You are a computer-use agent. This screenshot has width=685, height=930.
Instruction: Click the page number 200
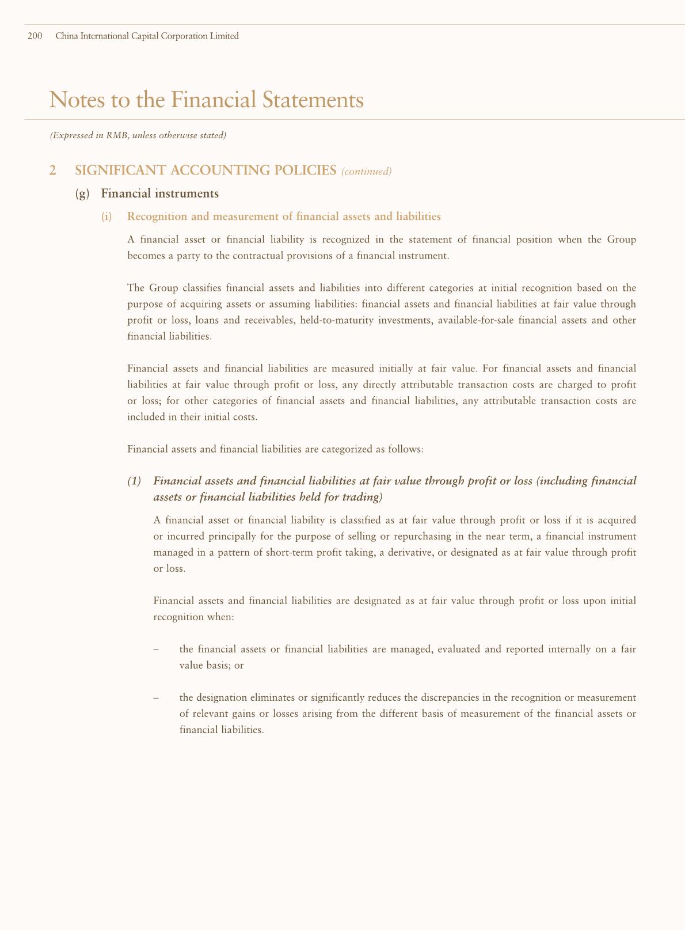coord(35,36)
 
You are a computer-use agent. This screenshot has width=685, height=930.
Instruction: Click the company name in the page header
coord(147,36)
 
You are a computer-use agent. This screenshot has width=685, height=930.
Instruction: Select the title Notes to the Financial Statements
coord(207,100)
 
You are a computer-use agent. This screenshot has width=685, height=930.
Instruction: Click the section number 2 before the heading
coord(53,170)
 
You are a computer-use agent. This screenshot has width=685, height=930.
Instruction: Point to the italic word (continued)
coord(366,171)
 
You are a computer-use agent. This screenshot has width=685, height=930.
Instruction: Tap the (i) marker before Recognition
coord(106,217)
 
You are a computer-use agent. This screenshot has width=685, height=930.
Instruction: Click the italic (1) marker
coord(134,481)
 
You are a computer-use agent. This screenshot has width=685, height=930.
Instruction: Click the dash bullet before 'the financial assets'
coord(156,649)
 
